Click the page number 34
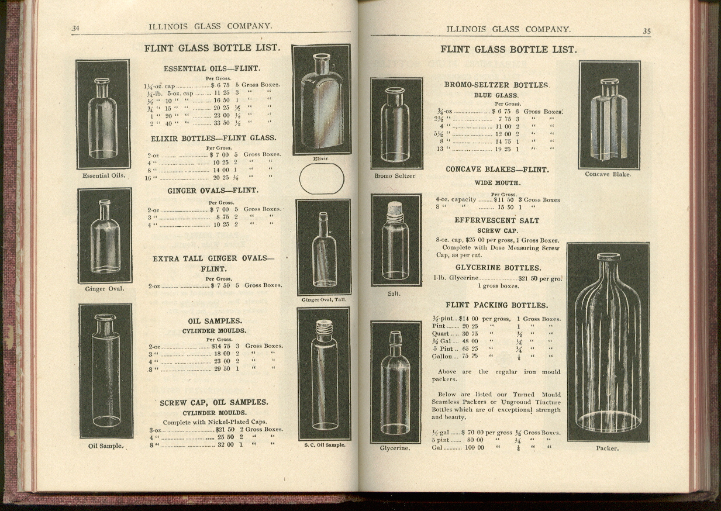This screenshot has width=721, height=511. pyautogui.click(x=75, y=28)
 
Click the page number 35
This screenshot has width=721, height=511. pyautogui.click(x=647, y=31)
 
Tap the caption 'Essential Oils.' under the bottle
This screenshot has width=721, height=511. pyautogui.click(x=104, y=175)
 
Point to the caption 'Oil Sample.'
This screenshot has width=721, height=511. pyautogui.click(x=106, y=446)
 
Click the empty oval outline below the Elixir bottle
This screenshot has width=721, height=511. pyautogui.click(x=322, y=179)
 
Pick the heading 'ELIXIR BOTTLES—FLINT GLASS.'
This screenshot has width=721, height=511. pyautogui.click(x=213, y=138)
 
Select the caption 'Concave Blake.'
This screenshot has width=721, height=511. pyautogui.click(x=608, y=174)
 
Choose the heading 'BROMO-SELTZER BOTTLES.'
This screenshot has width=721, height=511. pyautogui.click(x=496, y=85)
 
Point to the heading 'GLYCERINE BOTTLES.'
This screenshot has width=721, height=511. pyautogui.click(x=498, y=268)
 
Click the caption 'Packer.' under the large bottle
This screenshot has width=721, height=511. pyautogui.click(x=607, y=448)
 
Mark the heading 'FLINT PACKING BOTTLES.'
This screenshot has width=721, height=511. pyautogui.click(x=497, y=305)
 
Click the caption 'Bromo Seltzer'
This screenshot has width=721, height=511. pyautogui.click(x=395, y=176)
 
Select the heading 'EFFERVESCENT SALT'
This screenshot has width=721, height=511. pyautogui.click(x=497, y=220)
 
